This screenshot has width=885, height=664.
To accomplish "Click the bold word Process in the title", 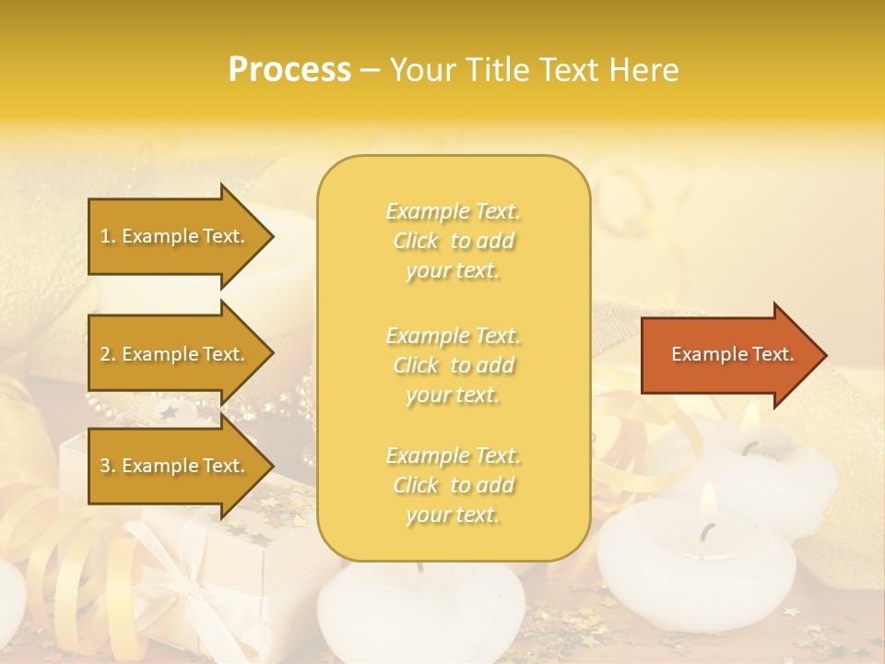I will tap(289, 69).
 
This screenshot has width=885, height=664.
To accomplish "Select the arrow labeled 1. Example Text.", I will tap(175, 236).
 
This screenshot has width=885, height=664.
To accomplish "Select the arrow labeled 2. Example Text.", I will tap(175, 354).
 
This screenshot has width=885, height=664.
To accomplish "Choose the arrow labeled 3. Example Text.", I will tap(175, 466).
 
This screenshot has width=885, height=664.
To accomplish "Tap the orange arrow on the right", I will tap(728, 354).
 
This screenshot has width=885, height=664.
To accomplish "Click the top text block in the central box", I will tap(453, 241).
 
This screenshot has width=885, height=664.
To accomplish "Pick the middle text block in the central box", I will tap(453, 365).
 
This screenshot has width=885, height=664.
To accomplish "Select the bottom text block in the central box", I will tap(453, 485).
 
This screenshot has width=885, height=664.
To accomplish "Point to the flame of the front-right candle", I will tap(708, 500).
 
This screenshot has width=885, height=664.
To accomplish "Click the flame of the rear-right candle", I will tap(750, 420).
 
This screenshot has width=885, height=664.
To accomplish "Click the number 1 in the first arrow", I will tap(104, 236).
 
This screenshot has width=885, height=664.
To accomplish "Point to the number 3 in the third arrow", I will tap(104, 466).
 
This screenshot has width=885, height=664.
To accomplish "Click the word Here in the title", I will tap(644, 69).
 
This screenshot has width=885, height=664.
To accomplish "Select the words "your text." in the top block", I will tap(453, 271).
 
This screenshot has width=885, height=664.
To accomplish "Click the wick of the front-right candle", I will tap(707, 532).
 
